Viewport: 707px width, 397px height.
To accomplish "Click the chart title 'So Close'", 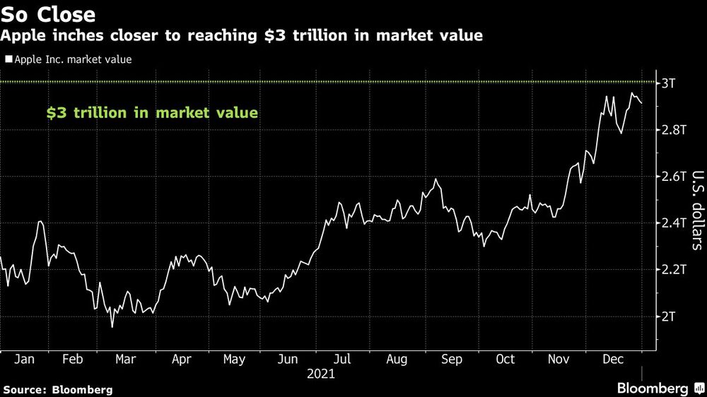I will pyautogui.click(x=48, y=13).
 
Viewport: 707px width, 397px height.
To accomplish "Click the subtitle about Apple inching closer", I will pyautogui.click(x=242, y=36).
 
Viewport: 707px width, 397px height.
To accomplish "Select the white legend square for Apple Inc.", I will pyautogui.click(x=8, y=60).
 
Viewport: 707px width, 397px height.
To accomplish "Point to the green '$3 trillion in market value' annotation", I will pyautogui.click(x=152, y=112).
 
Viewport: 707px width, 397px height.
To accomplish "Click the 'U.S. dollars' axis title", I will pyautogui.click(x=696, y=211).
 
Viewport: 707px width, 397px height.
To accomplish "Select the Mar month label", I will pyautogui.click(x=125, y=360).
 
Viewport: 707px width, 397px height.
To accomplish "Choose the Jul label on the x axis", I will pyautogui.click(x=343, y=360).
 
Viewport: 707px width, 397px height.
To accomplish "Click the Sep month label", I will pyautogui.click(x=452, y=360).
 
